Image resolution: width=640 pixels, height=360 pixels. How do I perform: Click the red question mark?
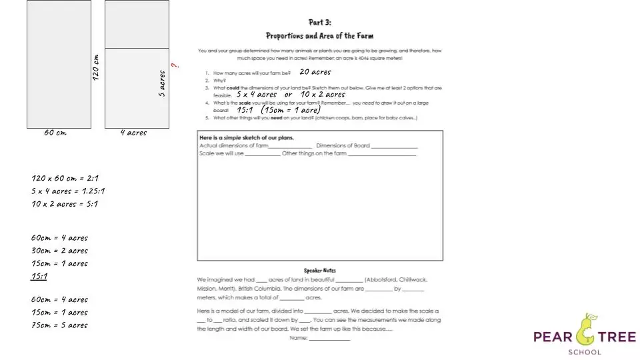(x=175, y=65)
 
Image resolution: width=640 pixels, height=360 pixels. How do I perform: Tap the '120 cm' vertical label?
(x=96, y=68)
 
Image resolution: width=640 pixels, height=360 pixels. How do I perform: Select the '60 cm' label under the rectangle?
(x=55, y=133)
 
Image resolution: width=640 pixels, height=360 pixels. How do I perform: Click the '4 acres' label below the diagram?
(x=133, y=133)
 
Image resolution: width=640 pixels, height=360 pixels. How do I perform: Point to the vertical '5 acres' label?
(x=162, y=83)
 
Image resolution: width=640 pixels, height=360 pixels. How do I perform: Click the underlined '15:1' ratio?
(x=39, y=277)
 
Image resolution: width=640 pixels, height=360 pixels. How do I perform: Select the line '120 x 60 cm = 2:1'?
(x=65, y=178)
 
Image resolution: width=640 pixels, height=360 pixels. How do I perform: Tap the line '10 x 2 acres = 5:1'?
(x=65, y=204)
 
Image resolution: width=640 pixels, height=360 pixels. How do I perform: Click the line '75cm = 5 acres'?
(x=59, y=325)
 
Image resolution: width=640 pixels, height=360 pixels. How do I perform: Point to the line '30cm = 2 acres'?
(x=59, y=251)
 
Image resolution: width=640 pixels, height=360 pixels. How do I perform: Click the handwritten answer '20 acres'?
(x=315, y=72)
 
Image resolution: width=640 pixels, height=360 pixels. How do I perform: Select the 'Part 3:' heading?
(x=320, y=23)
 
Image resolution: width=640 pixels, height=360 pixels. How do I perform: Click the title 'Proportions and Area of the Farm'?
(x=320, y=36)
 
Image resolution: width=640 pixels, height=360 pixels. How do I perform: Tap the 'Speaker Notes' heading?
(x=320, y=271)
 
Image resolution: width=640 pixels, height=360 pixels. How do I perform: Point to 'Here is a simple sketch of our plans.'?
(x=247, y=138)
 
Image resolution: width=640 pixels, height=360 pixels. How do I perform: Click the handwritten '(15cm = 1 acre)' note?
(x=291, y=110)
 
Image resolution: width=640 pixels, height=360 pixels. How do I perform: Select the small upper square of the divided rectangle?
(x=137, y=25)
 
